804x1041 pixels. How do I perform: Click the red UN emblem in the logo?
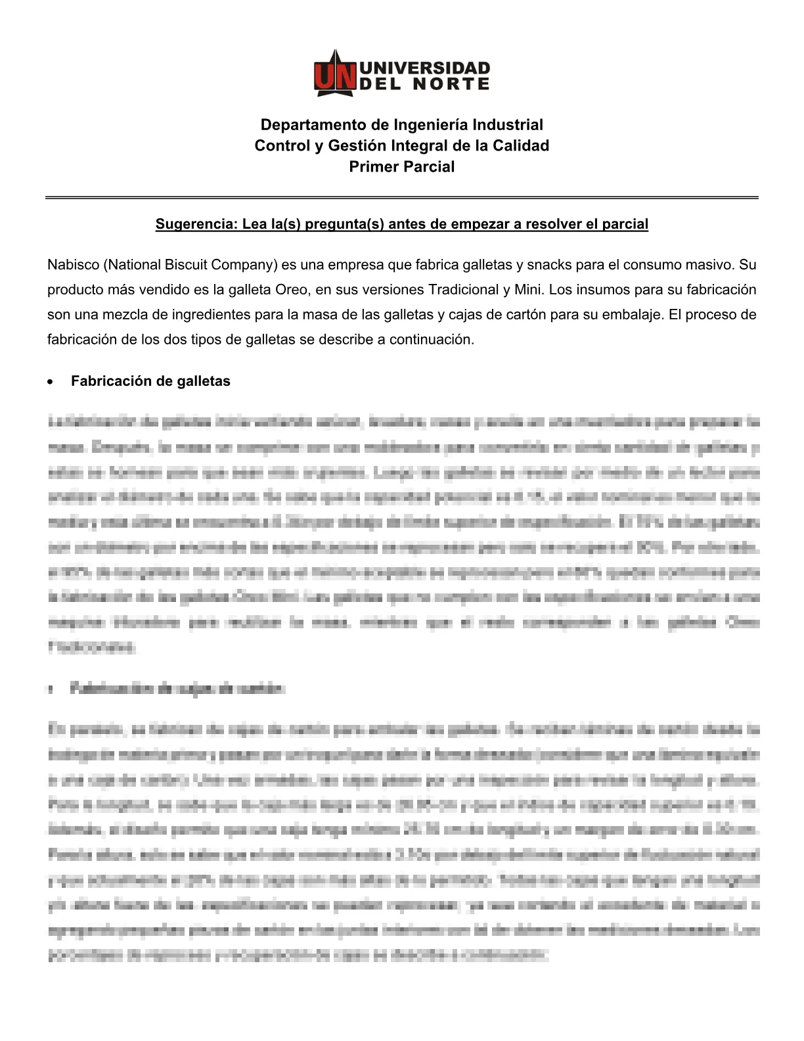(x=335, y=74)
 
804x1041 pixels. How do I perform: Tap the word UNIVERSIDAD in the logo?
(x=425, y=68)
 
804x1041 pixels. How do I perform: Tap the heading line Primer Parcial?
(x=401, y=167)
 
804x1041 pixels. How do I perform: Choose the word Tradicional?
(x=463, y=290)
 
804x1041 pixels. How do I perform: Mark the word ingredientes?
(x=208, y=315)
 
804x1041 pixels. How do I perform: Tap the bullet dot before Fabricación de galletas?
(x=50, y=382)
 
